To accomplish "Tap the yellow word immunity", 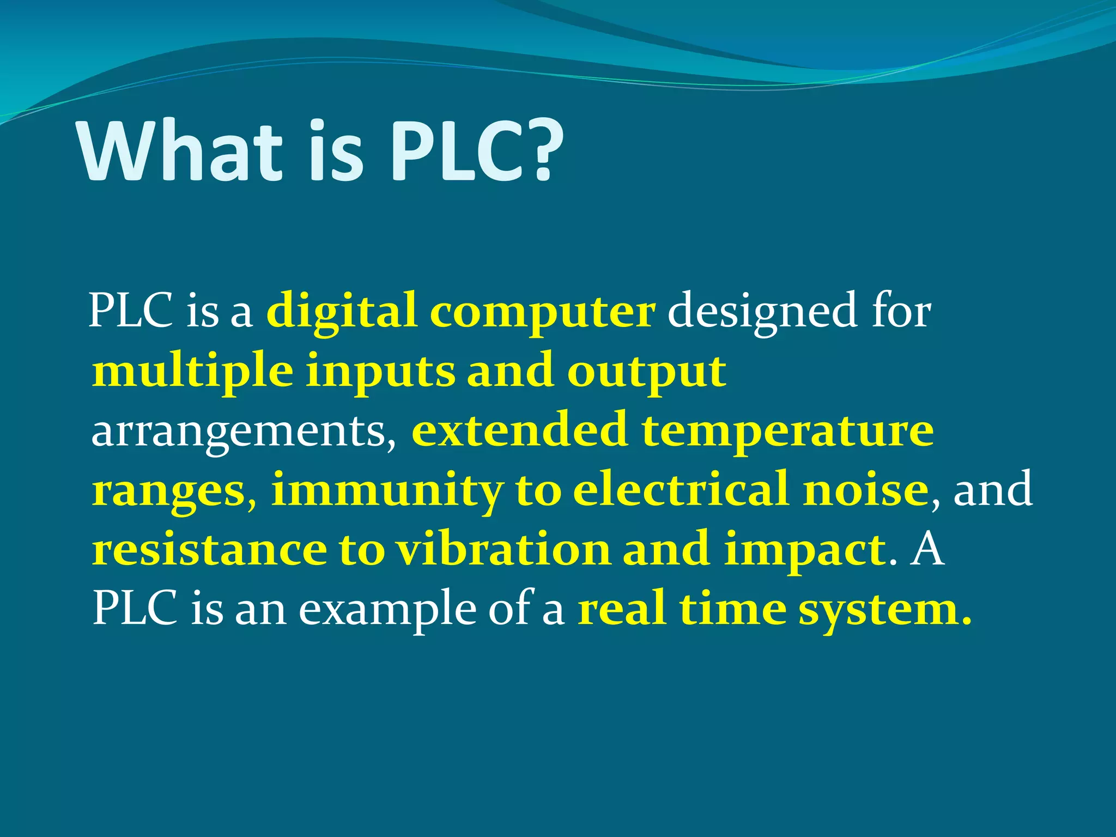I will (387, 490).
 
